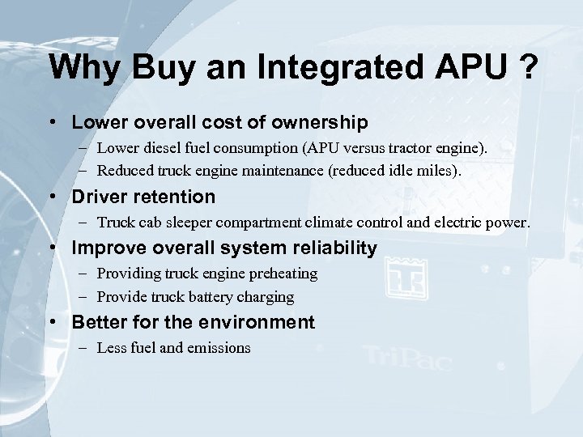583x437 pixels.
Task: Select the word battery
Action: [210, 296]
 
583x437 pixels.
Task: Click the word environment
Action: [260, 322]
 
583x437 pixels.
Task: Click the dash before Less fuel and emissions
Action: [85, 348]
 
